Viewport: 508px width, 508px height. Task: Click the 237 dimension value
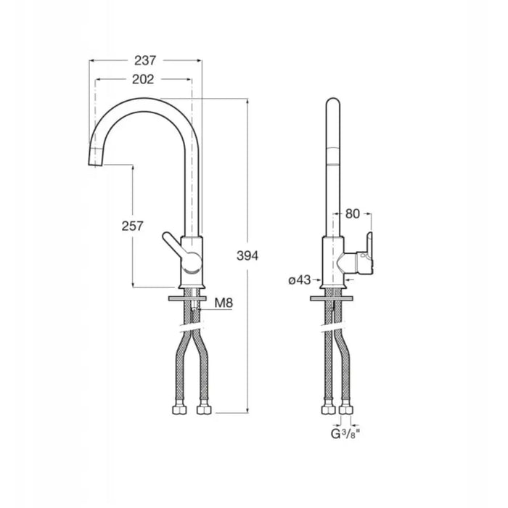point(145,60)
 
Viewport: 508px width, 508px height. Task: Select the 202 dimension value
point(143,79)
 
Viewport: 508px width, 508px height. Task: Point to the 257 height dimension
point(132,226)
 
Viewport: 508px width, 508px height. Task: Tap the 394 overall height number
point(247,255)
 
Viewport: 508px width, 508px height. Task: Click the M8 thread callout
point(224,303)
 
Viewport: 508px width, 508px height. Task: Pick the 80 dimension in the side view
point(353,214)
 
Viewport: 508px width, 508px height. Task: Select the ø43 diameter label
point(299,280)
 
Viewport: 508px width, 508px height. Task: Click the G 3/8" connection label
point(345,433)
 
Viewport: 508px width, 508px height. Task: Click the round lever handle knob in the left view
point(192,261)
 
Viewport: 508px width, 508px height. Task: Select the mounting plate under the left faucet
point(187,298)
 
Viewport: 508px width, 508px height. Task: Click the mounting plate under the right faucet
point(332,298)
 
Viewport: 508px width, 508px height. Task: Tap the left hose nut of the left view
point(179,409)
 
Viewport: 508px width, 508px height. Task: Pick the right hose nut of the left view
point(204,409)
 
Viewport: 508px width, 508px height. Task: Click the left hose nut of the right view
point(328,409)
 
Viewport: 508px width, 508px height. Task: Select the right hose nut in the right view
point(345,409)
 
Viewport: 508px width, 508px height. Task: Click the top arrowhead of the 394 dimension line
point(247,101)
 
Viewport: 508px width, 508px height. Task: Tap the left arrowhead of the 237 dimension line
point(92,60)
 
